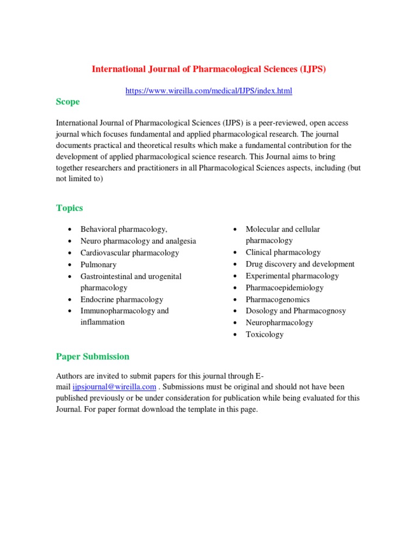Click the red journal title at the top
[x=208, y=69]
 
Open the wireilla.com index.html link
[x=208, y=91]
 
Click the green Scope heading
[x=67, y=102]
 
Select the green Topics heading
[x=70, y=208]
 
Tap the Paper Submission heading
[x=93, y=357]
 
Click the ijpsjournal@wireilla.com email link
[x=115, y=387]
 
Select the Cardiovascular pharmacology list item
[x=130, y=253]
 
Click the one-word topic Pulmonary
[x=99, y=264]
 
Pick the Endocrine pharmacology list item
[x=122, y=300]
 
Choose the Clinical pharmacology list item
[x=283, y=252]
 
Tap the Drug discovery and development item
[x=300, y=264]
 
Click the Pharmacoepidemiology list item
[x=285, y=288]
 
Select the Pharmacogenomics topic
[x=278, y=300]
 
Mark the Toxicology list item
[x=265, y=335]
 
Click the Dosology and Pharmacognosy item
[x=296, y=311]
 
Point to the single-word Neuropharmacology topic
[x=279, y=323]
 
